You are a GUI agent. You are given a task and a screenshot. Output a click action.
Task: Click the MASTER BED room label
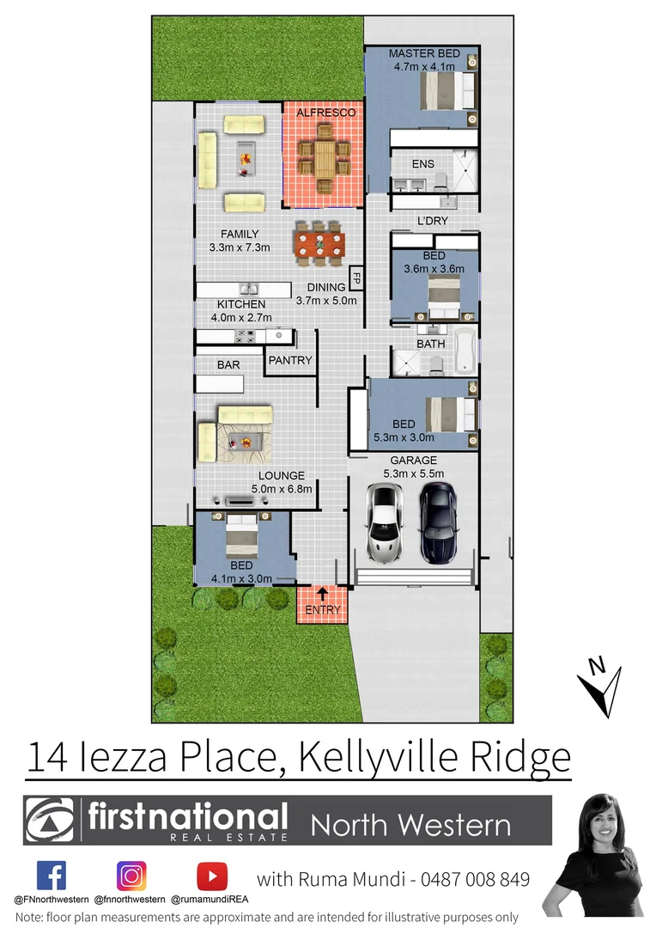click(x=425, y=53)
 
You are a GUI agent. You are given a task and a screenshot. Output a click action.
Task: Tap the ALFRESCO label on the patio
click(x=325, y=113)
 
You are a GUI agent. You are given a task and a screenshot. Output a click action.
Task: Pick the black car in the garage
click(x=437, y=521)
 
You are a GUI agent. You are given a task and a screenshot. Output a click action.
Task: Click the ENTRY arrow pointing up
click(x=322, y=593)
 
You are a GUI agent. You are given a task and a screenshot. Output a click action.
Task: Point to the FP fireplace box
click(x=355, y=279)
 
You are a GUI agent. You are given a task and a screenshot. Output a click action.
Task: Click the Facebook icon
click(x=51, y=876)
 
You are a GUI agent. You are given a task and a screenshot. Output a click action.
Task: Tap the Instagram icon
click(x=131, y=876)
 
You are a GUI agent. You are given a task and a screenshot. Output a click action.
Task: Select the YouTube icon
click(x=211, y=876)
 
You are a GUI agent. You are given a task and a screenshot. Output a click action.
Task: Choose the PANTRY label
click(x=290, y=360)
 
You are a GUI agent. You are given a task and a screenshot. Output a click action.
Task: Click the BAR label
click(x=228, y=365)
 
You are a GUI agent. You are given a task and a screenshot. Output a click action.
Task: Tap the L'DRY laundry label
click(x=433, y=221)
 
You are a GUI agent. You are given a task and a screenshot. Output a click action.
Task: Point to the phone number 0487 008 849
click(x=479, y=879)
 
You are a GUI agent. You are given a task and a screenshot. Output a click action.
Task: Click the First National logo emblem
click(x=51, y=821)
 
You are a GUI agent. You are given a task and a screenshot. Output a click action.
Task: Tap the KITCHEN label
click(x=241, y=304)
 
